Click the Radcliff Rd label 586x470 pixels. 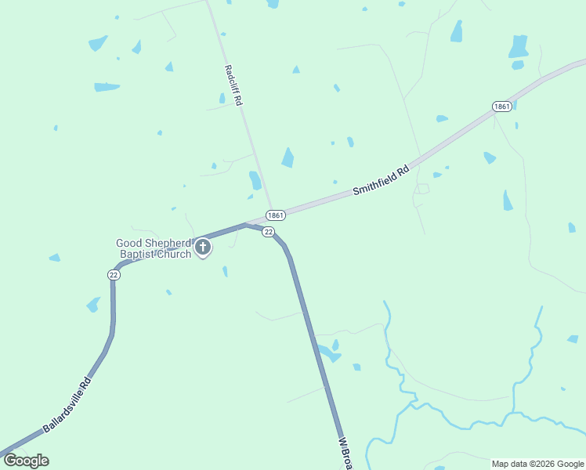point(233,85)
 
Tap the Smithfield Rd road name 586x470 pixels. point(382,179)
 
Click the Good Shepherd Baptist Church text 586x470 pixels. point(154,248)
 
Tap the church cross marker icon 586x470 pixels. point(202,249)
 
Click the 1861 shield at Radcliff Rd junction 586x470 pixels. point(274,215)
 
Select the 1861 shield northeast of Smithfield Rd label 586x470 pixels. point(502,106)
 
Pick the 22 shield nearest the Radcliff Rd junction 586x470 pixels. point(268,232)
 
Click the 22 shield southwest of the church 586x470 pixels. point(114,274)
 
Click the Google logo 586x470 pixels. point(26,461)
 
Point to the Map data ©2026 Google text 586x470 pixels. point(538,464)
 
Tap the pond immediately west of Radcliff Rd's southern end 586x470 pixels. point(255,180)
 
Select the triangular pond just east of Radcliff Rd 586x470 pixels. point(288,157)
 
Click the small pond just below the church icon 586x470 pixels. point(225,271)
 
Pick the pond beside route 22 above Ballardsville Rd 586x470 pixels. point(93,304)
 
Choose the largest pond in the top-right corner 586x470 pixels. point(518,46)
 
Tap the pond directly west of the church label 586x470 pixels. point(54,257)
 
